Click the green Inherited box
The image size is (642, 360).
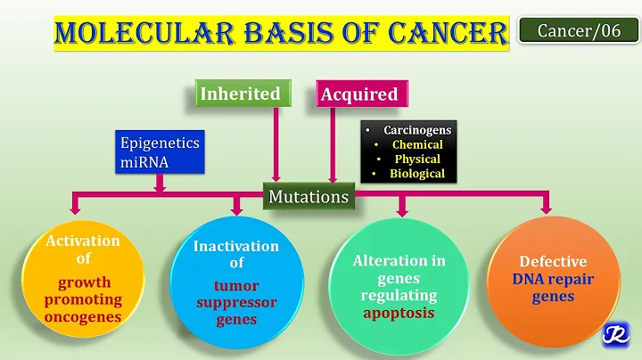(240, 94)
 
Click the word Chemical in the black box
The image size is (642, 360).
(417, 144)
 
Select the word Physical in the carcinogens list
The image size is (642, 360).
(417, 159)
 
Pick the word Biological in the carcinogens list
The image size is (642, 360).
(417, 174)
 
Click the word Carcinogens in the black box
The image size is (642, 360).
(417, 130)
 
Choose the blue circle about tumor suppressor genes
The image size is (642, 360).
(236, 279)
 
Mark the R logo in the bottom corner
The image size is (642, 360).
(614, 333)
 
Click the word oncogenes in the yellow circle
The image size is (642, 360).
(85, 317)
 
